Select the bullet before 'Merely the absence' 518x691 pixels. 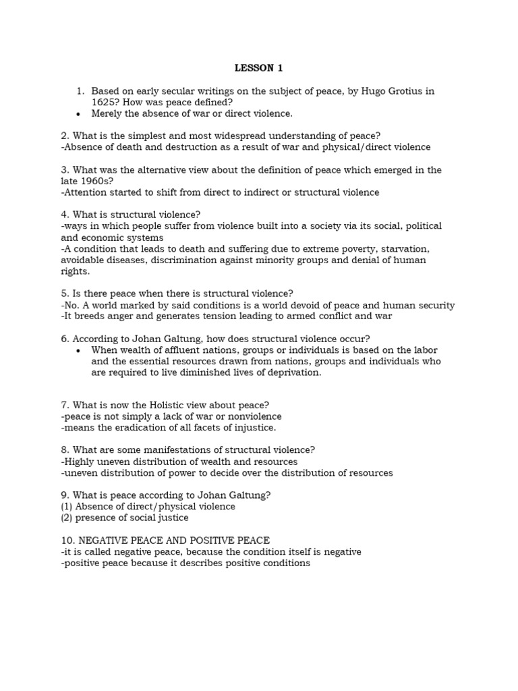point(79,113)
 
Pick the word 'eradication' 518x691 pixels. point(123,427)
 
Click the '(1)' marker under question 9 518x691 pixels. point(67,506)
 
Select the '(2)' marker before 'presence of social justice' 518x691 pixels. point(67,518)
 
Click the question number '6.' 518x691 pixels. point(65,338)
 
